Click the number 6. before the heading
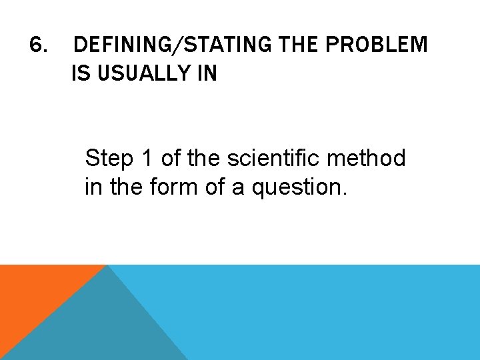39,45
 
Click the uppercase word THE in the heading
297,45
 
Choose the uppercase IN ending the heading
206,74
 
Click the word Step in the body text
109,159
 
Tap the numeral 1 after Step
147,159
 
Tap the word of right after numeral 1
171,159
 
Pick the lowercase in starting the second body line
93,187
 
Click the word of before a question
215,187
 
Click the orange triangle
33,293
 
